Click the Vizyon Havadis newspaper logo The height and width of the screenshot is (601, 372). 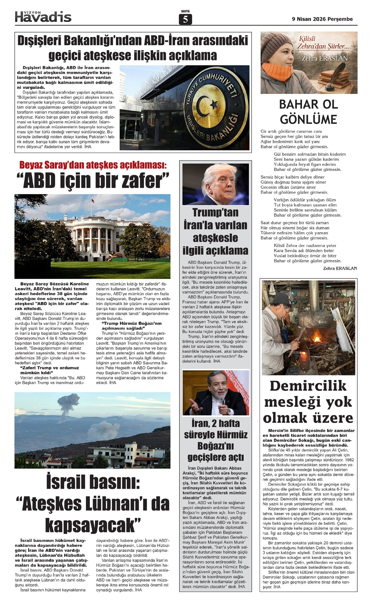(x=43, y=16)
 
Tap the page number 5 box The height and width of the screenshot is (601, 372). (x=185, y=20)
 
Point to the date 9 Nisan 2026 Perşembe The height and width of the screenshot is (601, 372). (x=322, y=19)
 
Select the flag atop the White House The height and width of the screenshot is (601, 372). (x=92, y=201)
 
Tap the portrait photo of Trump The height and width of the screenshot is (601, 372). (x=215, y=184)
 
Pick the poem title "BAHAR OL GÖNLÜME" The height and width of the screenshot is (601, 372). (x=308, y=112)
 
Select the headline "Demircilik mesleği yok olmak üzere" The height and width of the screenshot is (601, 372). (x=308, y=402)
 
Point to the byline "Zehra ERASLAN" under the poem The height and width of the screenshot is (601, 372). (x=340, y=268)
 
